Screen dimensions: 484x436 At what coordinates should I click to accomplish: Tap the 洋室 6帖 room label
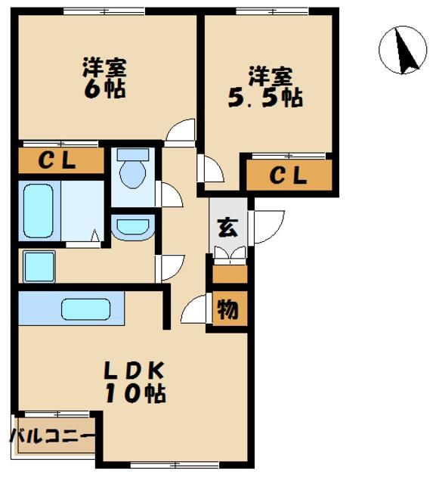[x=104, y=78]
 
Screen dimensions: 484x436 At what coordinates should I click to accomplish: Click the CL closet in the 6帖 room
[x=60, y=160]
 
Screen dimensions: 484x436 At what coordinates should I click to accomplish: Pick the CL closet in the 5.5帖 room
[x=289, y=176]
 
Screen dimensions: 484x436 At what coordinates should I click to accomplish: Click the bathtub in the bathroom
[x=38, y=213]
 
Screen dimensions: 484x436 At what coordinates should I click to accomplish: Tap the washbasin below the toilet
[x=133, y=226]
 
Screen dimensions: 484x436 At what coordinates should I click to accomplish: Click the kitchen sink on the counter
[x=85, y=310]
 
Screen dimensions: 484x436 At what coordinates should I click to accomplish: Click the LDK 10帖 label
[x=135, y=382]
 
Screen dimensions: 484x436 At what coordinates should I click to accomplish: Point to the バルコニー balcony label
[x=51, y=437]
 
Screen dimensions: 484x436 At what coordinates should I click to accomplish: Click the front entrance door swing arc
[x=267, y=226]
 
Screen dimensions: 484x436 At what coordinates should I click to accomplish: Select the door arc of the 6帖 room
[x=181, y=132]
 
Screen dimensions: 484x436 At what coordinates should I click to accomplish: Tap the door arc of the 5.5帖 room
[x=210, y=169]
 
